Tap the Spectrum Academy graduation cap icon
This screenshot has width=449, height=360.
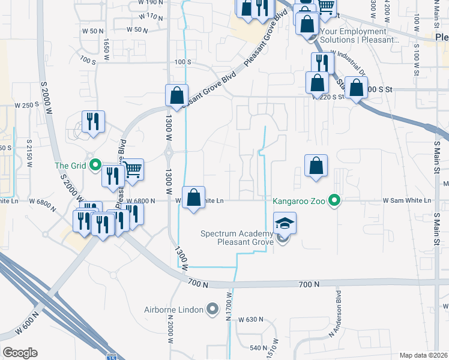pyautogui.click(x=285, y=223)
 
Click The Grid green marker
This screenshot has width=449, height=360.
pyautogui.click(x=95, y=166)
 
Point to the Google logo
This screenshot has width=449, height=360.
pyautogui.click(x=20, y=353)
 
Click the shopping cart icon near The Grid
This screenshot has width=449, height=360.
pyautogui.click(x=132, y=170)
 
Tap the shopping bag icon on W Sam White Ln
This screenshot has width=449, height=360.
pyautogui.click(x=193, y=197)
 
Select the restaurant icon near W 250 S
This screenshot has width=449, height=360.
pyautogui.click(x=93, y=122)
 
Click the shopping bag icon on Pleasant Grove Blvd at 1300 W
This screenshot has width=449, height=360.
pyautogui.click(x=176, y=95)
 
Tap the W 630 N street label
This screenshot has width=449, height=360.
pyautogui.click(x=251, y=320)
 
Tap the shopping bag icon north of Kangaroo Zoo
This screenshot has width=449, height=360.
pyautogui.click(x=316, y=166)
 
